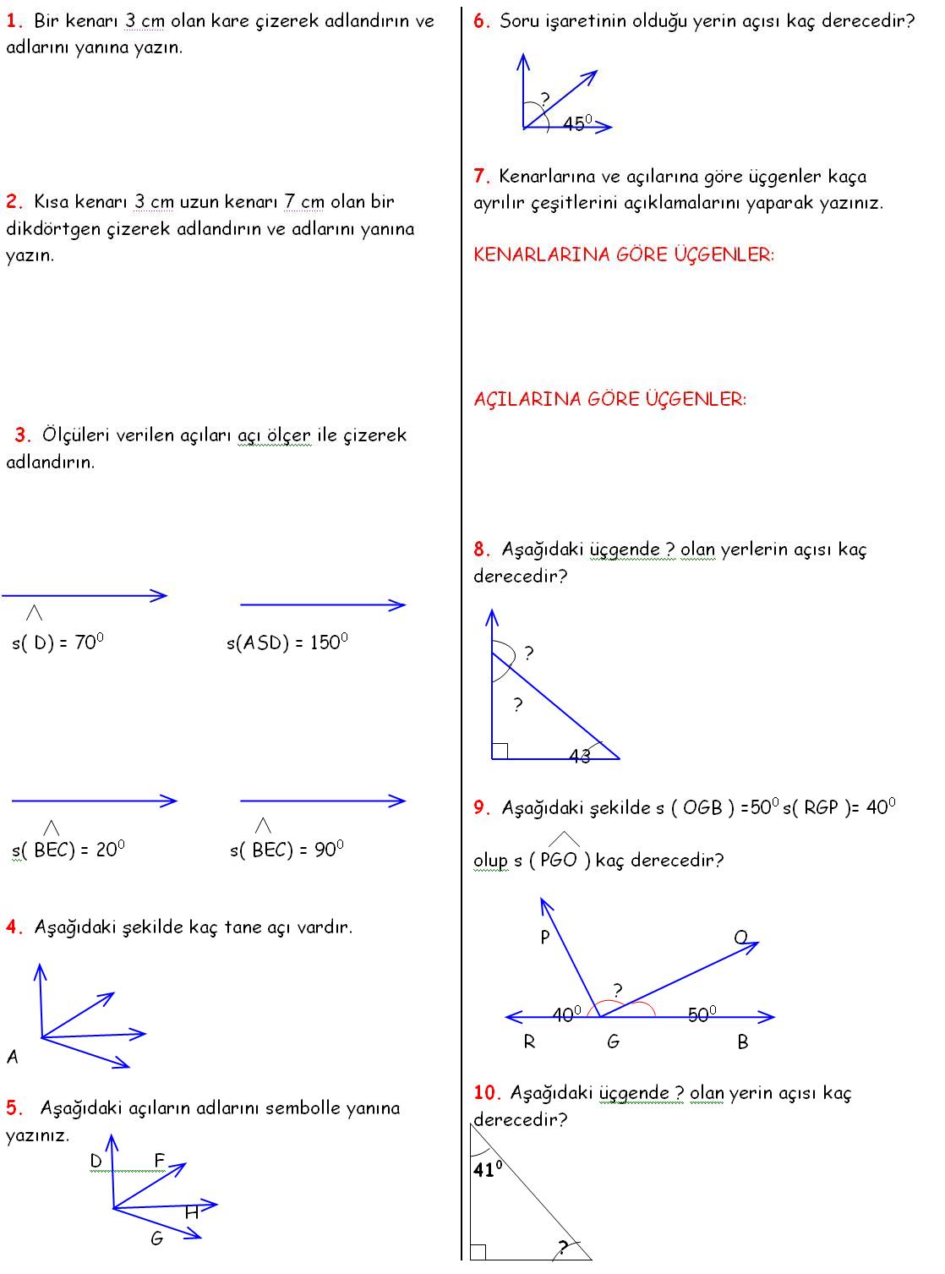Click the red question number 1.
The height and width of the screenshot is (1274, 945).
point(14,21)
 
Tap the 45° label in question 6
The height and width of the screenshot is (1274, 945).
point(577,123)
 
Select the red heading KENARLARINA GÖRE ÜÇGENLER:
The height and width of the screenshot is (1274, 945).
point(623,254)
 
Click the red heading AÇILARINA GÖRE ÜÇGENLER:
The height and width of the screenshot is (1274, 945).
point(609,399)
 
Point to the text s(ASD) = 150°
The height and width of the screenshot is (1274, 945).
point(287,642)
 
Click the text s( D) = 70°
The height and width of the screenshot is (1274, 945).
point(57,642)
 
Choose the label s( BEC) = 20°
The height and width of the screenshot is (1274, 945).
point(68,850)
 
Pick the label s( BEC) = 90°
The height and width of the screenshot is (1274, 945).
point(287,850)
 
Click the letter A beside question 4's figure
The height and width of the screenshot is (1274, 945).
point(13,1057)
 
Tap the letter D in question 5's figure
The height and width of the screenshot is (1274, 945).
point(96,1161)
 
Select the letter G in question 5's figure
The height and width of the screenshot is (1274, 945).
point(156,1238)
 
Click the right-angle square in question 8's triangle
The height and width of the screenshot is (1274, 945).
point(500,751)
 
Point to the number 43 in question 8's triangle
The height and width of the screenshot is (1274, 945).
point(580,757)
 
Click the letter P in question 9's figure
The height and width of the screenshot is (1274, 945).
point(545,938)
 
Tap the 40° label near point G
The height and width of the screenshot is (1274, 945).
point(566,1014)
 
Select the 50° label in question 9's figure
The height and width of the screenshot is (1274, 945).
point(702,1014)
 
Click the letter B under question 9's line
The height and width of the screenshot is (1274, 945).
point(743,1042)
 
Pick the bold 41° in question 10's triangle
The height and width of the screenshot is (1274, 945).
point(488,1170)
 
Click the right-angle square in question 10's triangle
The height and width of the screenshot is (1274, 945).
point(478,1252)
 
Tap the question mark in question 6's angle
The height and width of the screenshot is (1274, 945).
point(545,99)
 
